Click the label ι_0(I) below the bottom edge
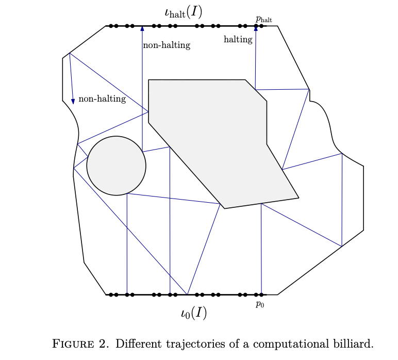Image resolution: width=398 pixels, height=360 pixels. (194, 313)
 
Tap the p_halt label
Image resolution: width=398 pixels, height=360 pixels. (263, 19)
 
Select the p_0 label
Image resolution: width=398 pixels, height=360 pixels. (260, 304)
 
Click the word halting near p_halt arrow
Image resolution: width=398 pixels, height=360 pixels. (238, 39)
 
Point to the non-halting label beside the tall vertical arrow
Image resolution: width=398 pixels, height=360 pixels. (167, 45)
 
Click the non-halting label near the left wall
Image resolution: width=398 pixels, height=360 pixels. (102, 99)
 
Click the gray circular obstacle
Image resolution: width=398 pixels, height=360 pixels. (116, 166)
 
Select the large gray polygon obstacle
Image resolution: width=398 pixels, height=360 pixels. (217, 134)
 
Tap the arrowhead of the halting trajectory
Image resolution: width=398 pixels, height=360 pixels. (256, 29)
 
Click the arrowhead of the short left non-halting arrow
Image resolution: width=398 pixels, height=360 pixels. (73, 101)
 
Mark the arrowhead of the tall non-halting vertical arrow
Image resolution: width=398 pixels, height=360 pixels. (142, 29)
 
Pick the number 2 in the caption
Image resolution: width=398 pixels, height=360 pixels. (106, 344)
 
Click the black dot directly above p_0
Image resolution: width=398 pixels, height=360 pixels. (261, 294)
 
